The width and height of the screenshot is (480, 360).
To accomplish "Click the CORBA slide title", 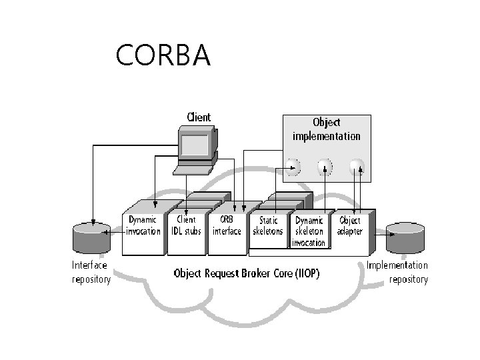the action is click(163, 55).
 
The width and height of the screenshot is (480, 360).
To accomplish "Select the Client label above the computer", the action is click(199, 117).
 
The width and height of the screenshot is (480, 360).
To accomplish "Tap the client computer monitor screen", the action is click(195, 145).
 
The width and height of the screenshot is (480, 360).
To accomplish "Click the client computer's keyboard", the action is click(193, 170).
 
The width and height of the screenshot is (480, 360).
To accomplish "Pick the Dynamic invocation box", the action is click(143, 228).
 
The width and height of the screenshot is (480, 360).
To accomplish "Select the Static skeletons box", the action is click(268, 229).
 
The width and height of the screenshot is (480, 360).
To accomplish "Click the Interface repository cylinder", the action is click(91, 238).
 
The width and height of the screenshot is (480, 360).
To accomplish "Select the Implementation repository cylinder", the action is click(405, 238).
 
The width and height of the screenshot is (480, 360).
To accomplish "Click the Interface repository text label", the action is click(91, 272).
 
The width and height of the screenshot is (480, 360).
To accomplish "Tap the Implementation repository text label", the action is click(397, 272).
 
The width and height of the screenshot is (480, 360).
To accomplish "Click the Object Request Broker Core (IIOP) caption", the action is click(247, 273).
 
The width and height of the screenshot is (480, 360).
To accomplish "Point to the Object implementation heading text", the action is click(326, 129).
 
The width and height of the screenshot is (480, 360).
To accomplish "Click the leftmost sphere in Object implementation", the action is click(293, 167).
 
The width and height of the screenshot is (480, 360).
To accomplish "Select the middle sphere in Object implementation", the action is click(325, 167).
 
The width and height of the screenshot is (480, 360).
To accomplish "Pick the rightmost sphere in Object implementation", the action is click(357, 167).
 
